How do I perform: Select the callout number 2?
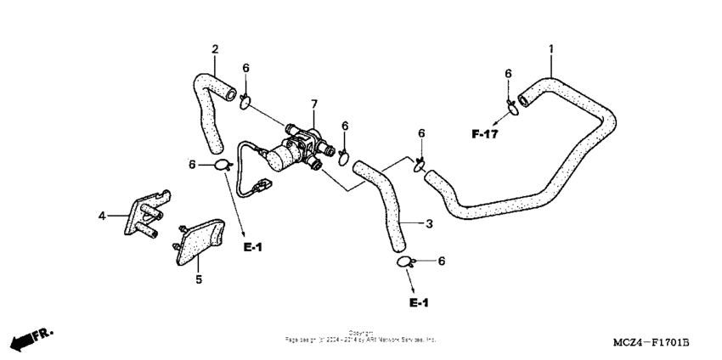(215, 48)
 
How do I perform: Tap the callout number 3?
(429, 224)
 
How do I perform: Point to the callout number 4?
(102, 217)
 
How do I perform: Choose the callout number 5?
(199, 278)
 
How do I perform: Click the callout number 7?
(313, 104)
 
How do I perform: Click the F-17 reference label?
(485, 134)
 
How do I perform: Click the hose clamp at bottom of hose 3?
(405, 262)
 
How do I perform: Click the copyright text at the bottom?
(361, 337)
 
